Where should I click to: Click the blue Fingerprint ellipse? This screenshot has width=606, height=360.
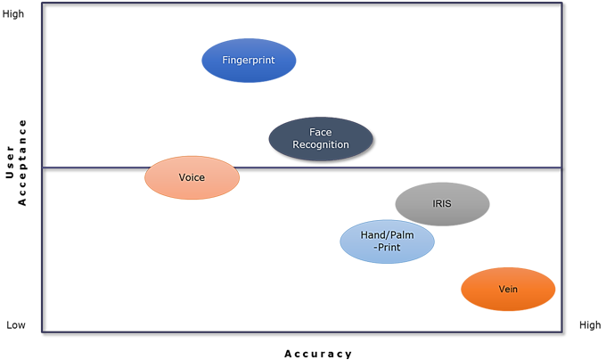(249, 61)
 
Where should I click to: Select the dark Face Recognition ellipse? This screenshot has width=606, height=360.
(321, 139)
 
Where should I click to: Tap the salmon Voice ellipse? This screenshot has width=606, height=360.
(192, 177)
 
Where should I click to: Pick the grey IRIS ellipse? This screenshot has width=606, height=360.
(443, 204)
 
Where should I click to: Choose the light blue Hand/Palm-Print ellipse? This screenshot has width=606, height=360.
(388, 241)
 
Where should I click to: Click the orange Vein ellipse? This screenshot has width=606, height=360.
(508, 289)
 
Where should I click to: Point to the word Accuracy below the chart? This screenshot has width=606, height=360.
(318, 354)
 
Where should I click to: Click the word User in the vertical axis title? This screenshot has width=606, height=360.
(10, 162)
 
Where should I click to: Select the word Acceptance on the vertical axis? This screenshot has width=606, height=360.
(21, 162)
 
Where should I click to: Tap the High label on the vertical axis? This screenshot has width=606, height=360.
(13, 14)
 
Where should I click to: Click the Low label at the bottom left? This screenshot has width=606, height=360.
(16, 325)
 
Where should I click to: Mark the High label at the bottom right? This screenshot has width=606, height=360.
(590, 325)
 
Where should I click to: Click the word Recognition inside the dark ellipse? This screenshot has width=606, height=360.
(321, 144)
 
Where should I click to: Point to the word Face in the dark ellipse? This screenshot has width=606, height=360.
(321, 132)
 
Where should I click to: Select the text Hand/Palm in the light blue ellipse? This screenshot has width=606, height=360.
(388, 235)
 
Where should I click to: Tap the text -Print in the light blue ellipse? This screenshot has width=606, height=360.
(388, 247)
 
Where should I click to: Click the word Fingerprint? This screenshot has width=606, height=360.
(249, 61)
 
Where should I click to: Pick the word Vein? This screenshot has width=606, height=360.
(508, 289)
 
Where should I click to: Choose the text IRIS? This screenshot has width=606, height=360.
(442, 203)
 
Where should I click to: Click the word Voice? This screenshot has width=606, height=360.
(192, 177)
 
